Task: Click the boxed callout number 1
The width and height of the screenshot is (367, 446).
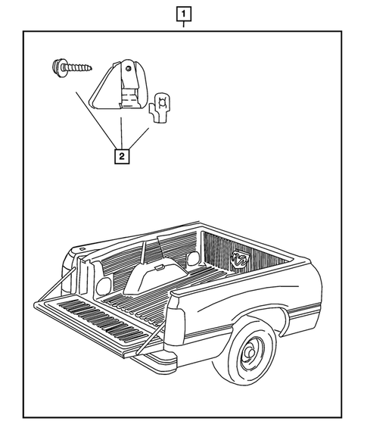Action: (x=183, y=13)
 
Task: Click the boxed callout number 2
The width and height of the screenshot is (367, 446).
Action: (x=120, y=157)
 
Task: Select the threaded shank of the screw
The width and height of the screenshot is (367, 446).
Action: (x=79, y=68)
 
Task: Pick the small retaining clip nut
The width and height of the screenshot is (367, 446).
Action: (x=163, y=106)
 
